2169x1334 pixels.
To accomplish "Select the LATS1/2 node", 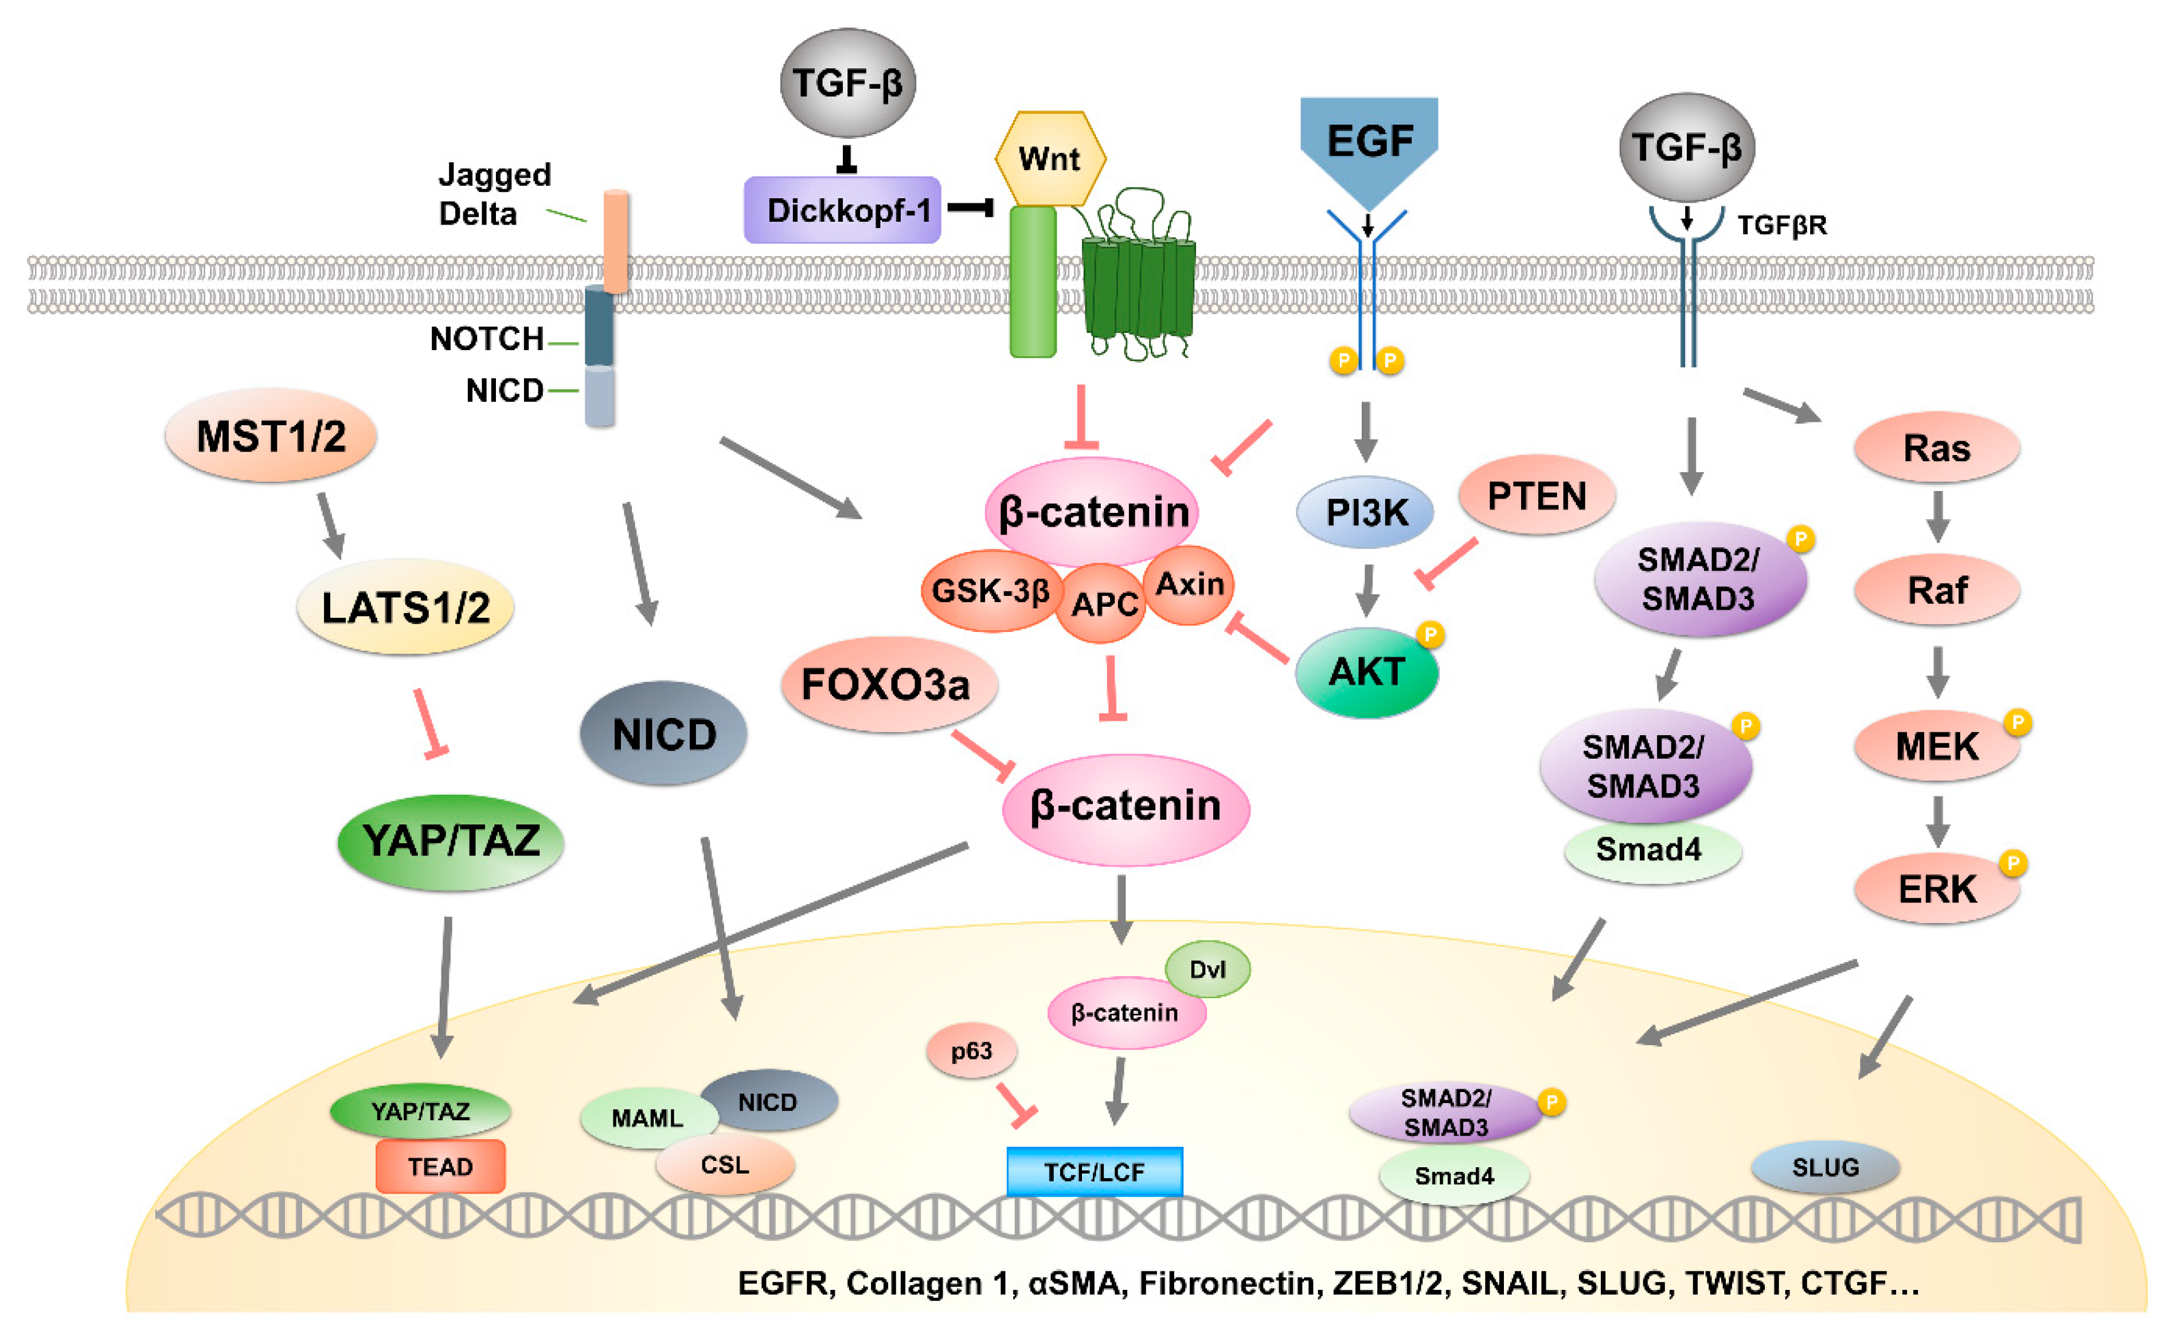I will point(405,607).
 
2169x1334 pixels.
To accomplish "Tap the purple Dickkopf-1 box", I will point(842,210).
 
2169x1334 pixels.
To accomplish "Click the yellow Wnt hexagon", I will point(1050,159).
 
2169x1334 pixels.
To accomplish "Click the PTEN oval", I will point(1536,495).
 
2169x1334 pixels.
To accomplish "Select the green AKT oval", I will point(1366,672).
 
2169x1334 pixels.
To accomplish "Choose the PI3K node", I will point(1365,512).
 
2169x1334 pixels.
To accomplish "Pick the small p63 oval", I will point(971,1051).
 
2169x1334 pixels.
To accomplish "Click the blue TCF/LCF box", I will point(1094,1172).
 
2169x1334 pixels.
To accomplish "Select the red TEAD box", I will point(440,1166).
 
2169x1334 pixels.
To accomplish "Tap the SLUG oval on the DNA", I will point(1825,1167).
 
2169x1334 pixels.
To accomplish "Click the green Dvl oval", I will point(1207,970).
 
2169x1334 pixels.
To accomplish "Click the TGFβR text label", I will point(1781,226).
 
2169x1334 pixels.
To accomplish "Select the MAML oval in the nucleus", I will point(647,1119).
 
